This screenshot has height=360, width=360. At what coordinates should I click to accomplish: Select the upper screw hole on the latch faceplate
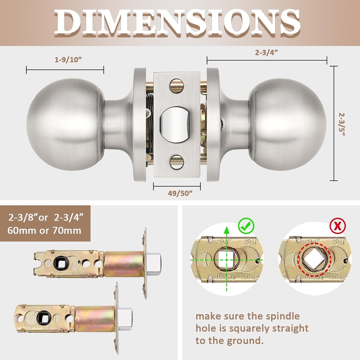[176, 85]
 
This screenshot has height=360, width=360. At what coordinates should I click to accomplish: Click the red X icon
[337, 226]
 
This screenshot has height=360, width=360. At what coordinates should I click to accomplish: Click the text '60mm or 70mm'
[45, 231]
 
